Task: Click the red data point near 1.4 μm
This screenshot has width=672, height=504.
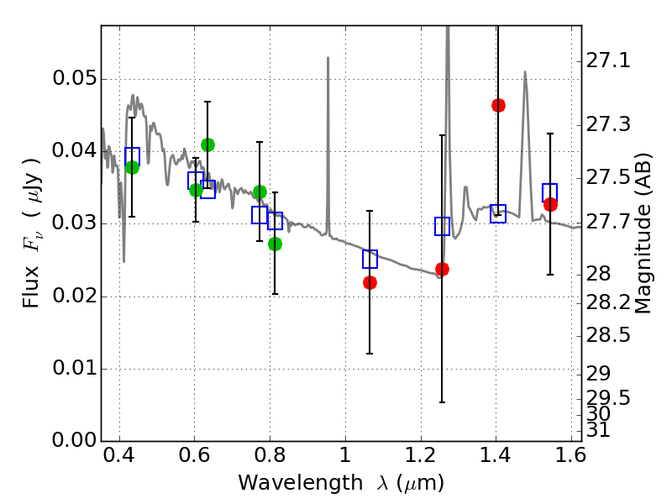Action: (498, 105)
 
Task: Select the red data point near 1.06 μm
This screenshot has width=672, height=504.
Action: (370, 282)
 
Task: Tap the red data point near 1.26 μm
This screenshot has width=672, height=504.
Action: (442, 269)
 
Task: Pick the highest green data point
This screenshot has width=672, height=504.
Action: (207, 144)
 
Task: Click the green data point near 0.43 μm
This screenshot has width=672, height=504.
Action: (132, 167)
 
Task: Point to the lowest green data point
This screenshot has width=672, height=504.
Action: (275, 244)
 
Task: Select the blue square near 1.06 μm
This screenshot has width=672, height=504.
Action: (370, 259)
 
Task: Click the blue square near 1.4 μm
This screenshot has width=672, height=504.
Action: (498, 213)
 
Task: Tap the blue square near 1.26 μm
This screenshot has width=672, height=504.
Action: (443, 226)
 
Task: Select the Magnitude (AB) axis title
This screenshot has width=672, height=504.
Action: (644, 234)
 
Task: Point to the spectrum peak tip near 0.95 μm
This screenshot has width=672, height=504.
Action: (328, 58)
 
